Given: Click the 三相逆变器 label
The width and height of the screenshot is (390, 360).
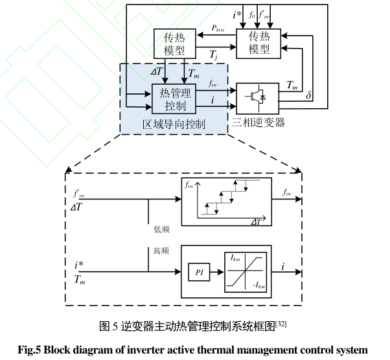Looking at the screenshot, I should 257,122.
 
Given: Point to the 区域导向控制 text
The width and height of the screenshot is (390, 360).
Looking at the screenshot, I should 174,124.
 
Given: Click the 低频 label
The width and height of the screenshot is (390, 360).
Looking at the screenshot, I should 161,228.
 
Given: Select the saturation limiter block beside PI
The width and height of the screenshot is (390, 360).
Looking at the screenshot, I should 244,272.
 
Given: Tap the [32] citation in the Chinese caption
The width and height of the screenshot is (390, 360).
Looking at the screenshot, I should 281,323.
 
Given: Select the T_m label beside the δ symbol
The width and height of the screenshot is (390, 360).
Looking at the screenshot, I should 292,85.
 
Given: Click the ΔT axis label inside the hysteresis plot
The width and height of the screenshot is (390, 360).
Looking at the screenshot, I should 258,221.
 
